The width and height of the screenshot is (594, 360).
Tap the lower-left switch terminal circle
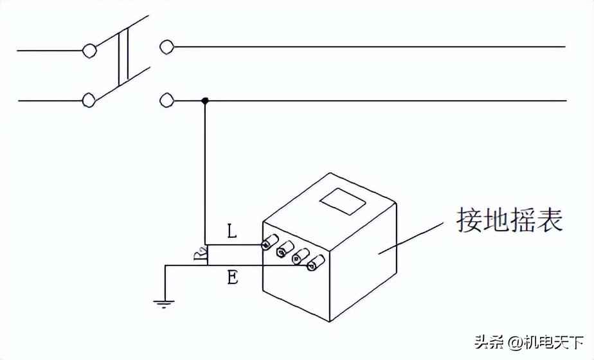[x=89, y=100]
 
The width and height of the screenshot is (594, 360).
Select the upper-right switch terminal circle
[x=166, y=46]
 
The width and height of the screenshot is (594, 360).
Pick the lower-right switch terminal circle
[x=166, y=100]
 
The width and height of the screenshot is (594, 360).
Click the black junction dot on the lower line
[x=205, y=100]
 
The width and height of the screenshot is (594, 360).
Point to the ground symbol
[x=165, y=301]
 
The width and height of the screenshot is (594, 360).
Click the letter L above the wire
[x=232, y=231]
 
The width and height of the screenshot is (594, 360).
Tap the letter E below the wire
[x=233, y=277]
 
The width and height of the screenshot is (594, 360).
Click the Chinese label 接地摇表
[x=509, y=219]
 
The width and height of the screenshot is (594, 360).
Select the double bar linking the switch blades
[x=123, y=56]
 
